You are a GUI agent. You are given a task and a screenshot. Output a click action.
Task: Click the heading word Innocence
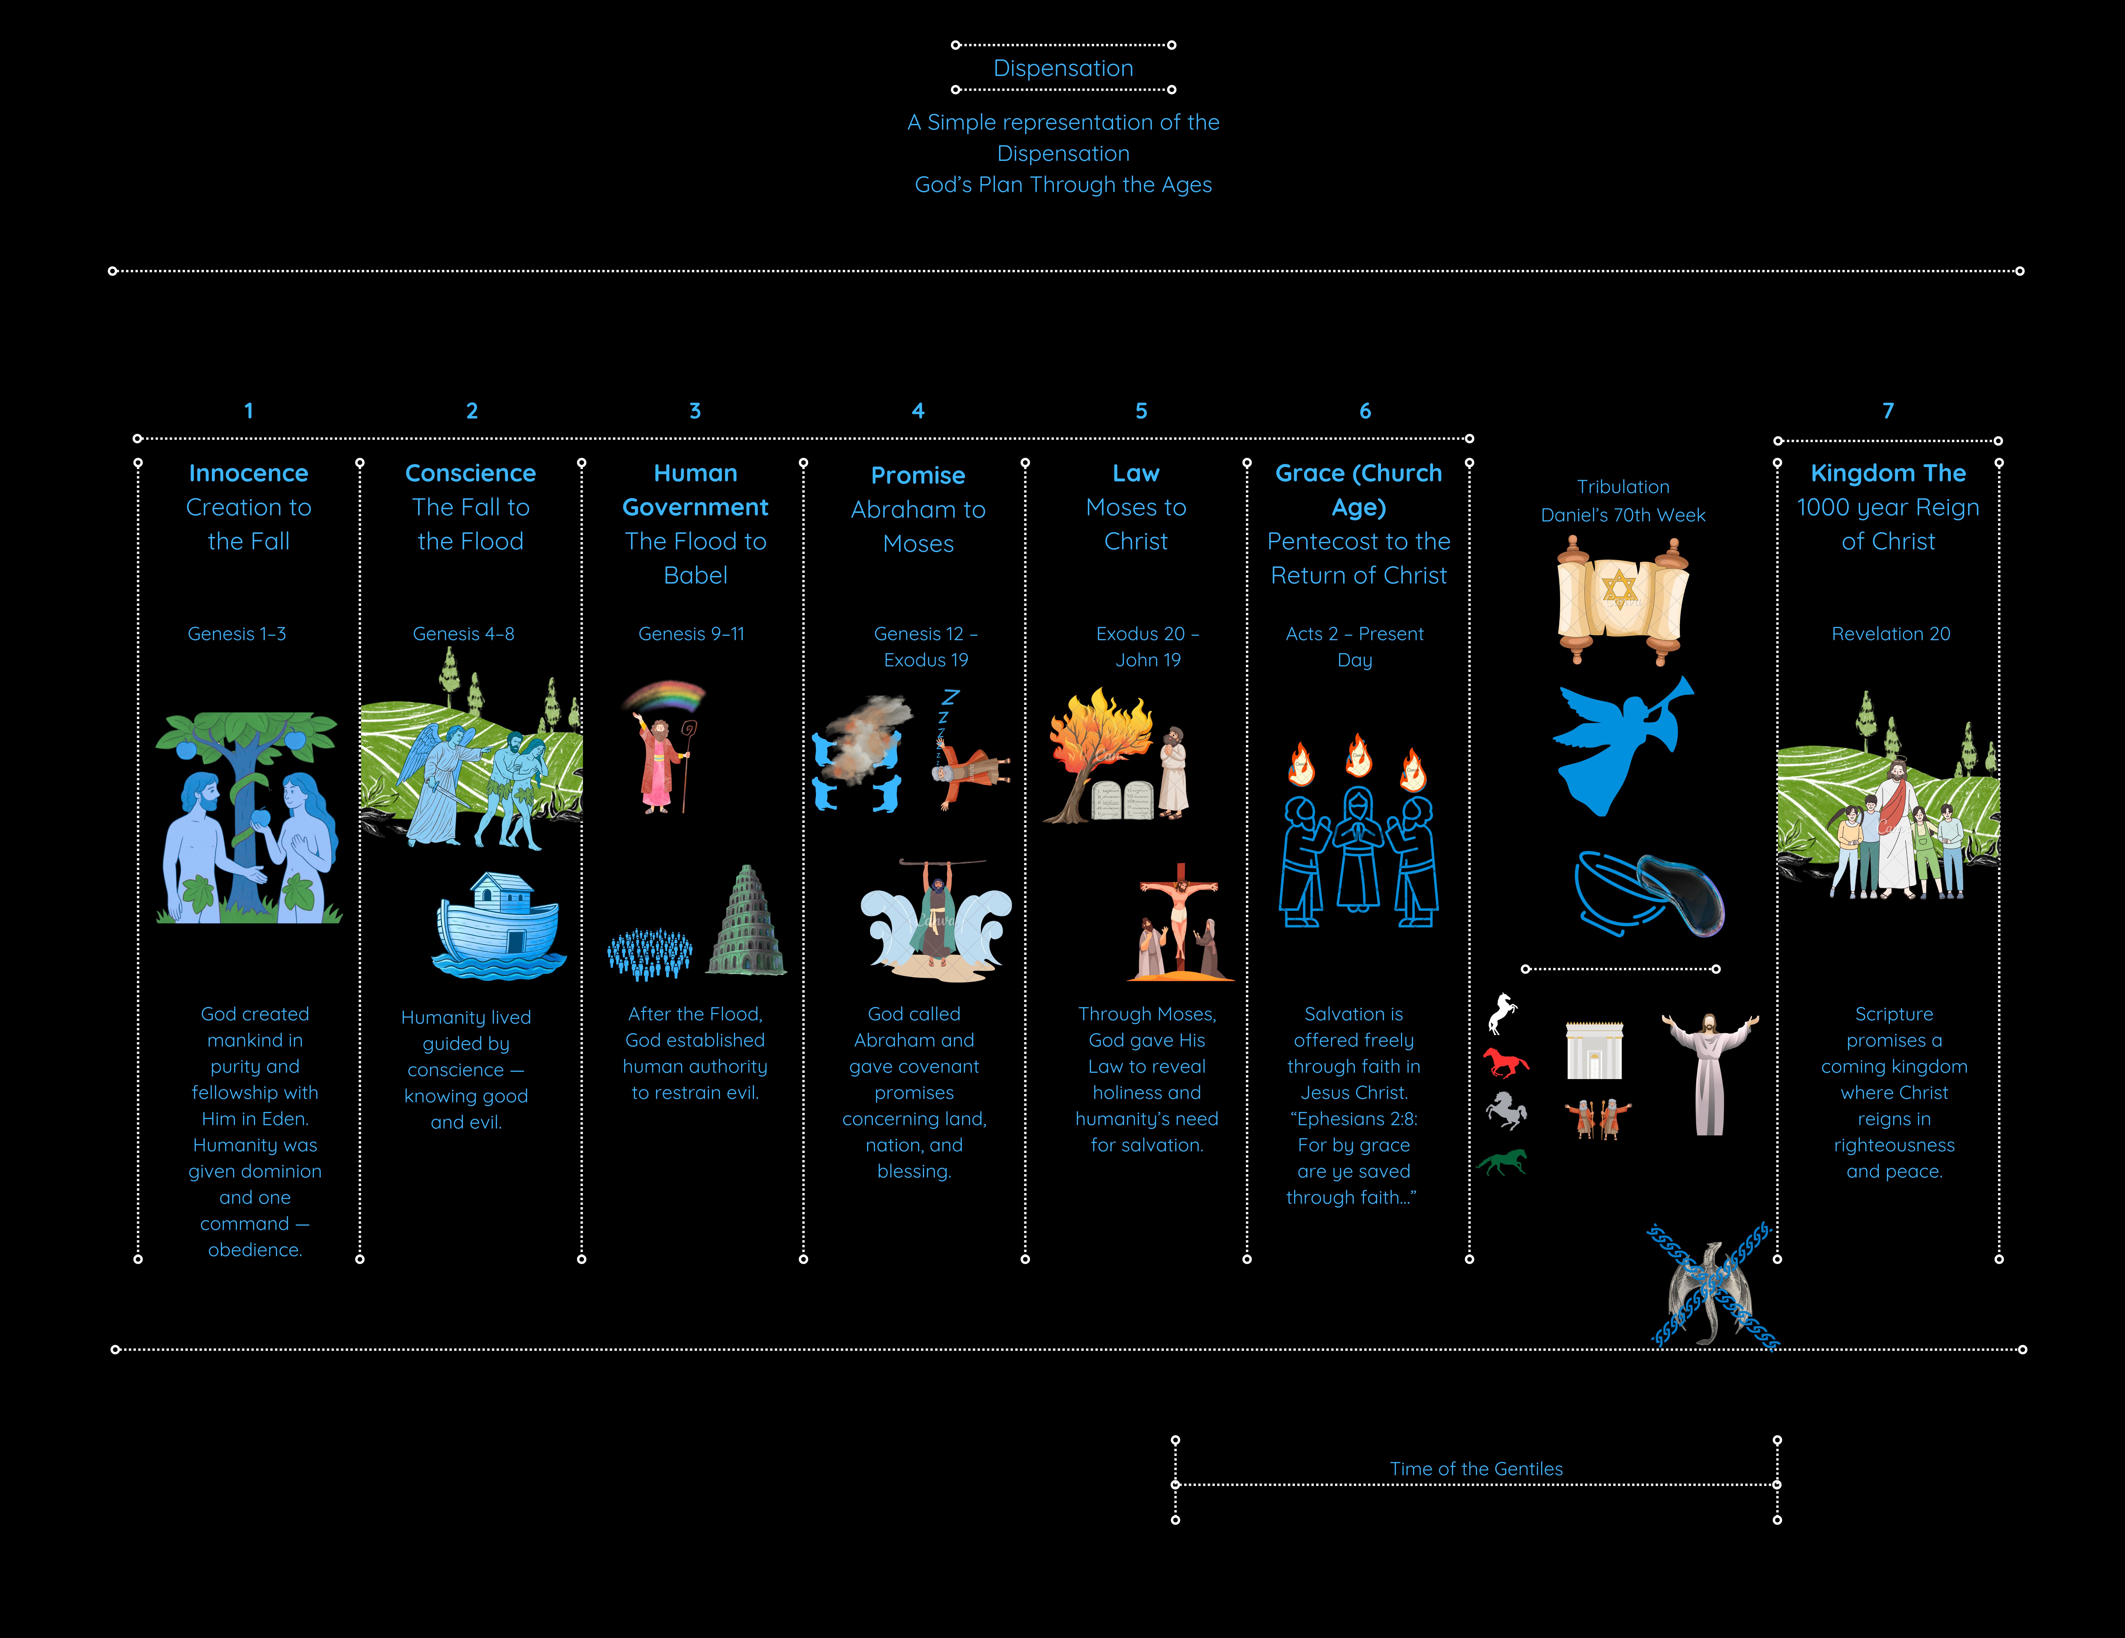(248, 473)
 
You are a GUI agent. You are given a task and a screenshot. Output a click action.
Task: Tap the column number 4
(918, 411)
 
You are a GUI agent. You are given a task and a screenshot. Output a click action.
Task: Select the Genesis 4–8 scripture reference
(463, 634)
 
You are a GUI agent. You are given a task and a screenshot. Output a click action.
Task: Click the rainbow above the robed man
(665, 697)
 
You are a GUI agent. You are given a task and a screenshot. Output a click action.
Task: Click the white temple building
(1594, 1050)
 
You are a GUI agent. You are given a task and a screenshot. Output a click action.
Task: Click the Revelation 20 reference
(1891, 634)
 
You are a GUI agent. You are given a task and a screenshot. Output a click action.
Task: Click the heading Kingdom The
(1888, 473)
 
